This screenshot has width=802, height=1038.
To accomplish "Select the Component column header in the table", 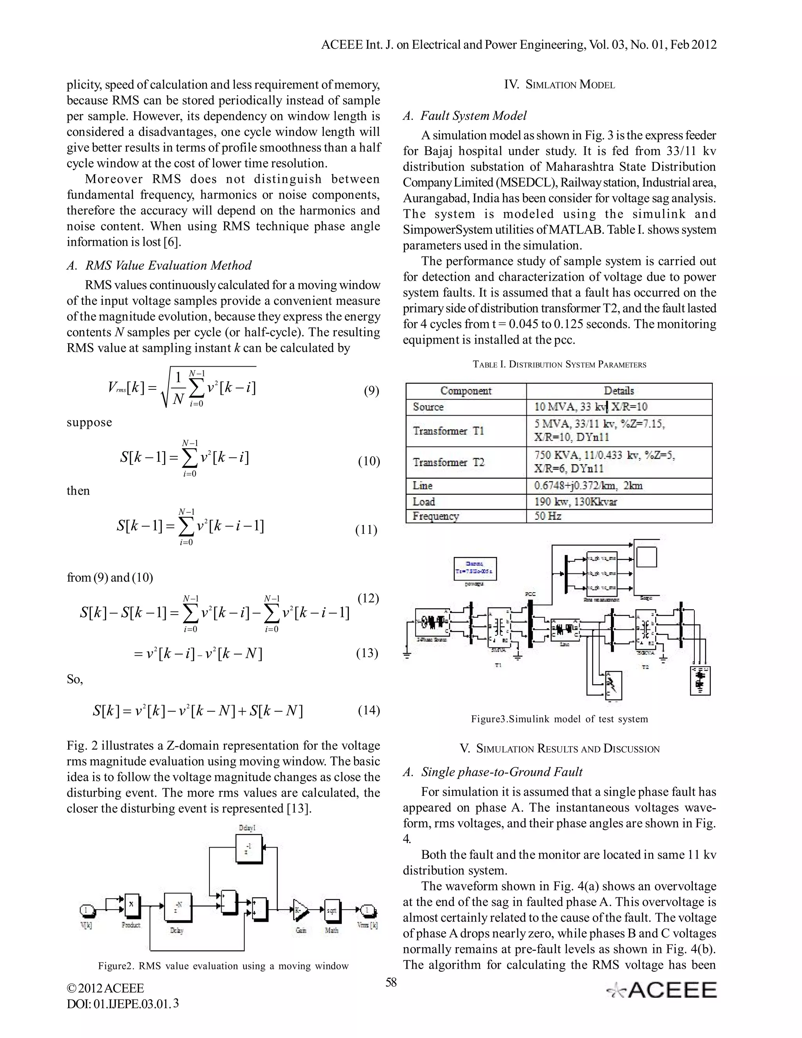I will [x=466, y=391].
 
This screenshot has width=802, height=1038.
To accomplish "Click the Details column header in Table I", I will [x=619, y=391].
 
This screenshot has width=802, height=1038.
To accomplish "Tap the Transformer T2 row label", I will [x=448, y=462].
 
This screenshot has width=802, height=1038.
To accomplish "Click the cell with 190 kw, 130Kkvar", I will [x=575, y=501].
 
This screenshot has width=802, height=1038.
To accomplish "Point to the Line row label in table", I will [x=423, y=486].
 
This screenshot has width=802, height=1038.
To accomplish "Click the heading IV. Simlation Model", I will [x=559, y=85].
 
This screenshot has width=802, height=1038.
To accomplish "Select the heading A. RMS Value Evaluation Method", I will [x=159, y=265].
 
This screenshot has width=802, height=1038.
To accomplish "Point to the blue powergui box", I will [x=475, y=568].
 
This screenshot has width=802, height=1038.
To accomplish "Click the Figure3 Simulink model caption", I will [x=559, y=719].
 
